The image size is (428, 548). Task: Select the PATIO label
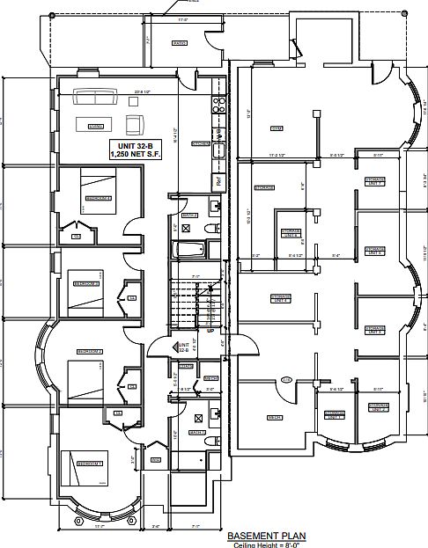pyautogui.click(x=179, y=43)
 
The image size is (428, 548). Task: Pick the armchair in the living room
pyautogui.click(x=135, y=122)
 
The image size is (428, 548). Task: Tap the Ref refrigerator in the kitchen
pyautogui.click(x=218, y=181)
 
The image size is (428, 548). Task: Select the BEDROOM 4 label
pyautogui.click(x=100, y=199)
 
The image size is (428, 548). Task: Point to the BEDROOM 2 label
pyautogui.click(x=90, y=352)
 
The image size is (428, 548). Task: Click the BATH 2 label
pyautogui.click(x=189, y=214)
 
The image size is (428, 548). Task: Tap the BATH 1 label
pyautogui.click(x=196, y=432)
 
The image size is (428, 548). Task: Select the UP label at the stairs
pyautogui.click(x=209, y=332)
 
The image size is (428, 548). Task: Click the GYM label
pyautogui.click(x=276, y=128)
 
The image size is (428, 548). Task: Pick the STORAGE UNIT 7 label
pyautogui.click(x=375, y=181)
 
